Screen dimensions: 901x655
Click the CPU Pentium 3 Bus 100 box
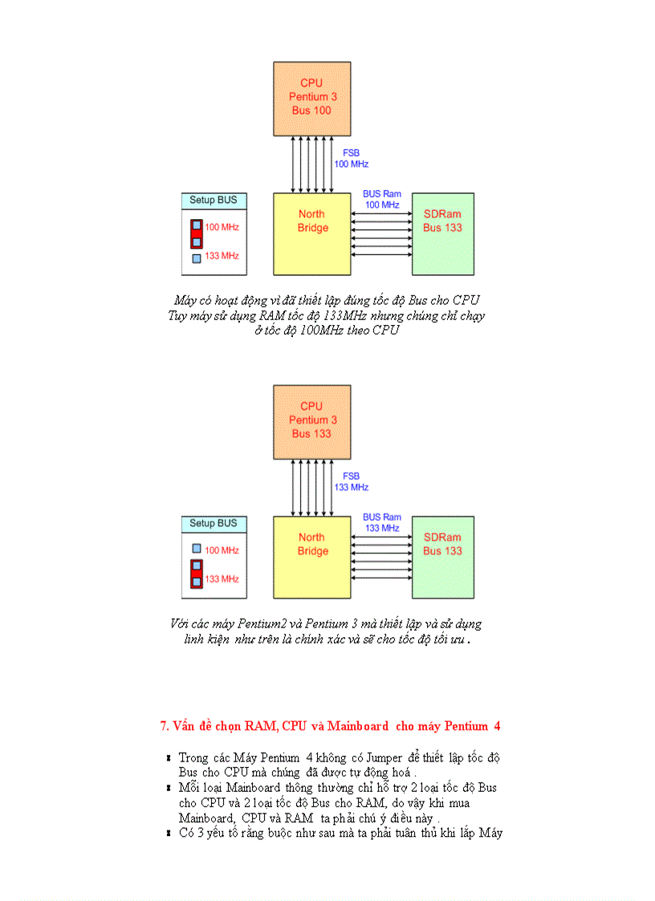pyautogui.click(x=311, y=97)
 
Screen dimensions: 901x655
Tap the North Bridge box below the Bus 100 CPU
pyautogui.click(x=311, y=233)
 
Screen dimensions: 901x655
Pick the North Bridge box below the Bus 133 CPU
pyautogui.click(x=311, y=557)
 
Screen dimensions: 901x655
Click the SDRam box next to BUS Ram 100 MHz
pyautogui.click(x=442, y=233)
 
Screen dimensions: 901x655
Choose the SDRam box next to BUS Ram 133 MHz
pyautogui.click(x=442, y=557)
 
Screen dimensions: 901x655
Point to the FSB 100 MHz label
pyautogui.click(x=351, y=158)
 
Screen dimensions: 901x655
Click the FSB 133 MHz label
pyautogui.click(x=351, y=481)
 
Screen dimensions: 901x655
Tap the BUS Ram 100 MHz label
pyautogui.click(x=382, y=199)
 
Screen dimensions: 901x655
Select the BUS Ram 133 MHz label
pyautogui.click(x=382, y=522)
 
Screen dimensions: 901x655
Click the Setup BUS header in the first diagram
pyautogui.click(x=214, y=200)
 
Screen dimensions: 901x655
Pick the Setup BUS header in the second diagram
pyautogui.click(x=214, y=523)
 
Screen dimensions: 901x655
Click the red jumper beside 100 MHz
pyautogui.click(x=196, y=233)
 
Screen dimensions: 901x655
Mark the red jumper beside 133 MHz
pyautogui.click(x=196, y=572)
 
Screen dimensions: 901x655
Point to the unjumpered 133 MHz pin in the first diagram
pyautogui.click(x=196, y=258)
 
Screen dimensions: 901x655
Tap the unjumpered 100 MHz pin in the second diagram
pyautogui.click(x=196, y=549)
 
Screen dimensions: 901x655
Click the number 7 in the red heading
pyautogui.click(x=163, y=726)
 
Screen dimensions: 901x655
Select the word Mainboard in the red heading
pyautogui.click(x=358, y=726)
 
